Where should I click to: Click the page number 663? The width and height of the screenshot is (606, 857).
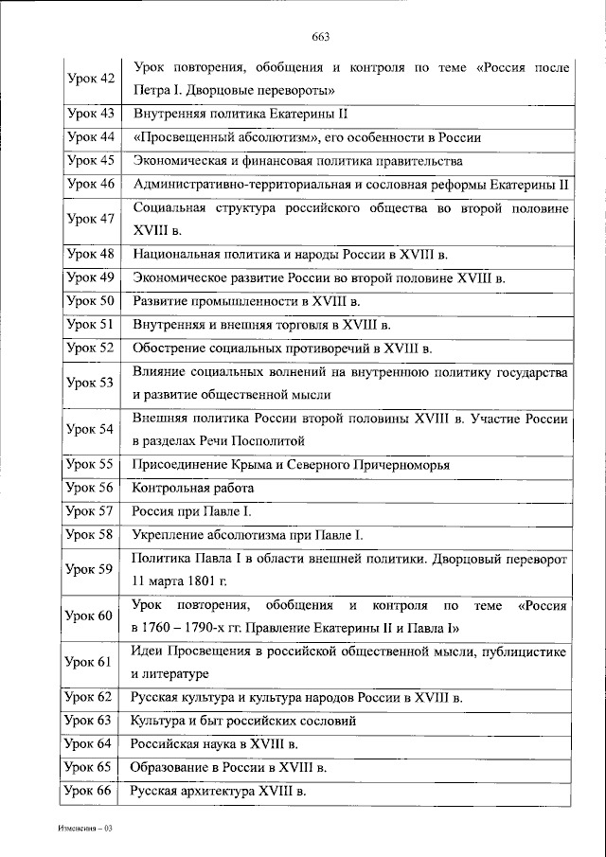point(319,37)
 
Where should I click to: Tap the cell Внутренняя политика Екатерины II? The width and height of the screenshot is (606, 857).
point(241,114)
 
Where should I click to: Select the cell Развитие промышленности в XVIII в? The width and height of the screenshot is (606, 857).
point(247,302)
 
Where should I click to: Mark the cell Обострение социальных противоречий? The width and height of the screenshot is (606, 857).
point(282,348)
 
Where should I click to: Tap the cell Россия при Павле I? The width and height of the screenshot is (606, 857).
point(186,512)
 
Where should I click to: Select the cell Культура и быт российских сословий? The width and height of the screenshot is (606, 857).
point(243,721)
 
